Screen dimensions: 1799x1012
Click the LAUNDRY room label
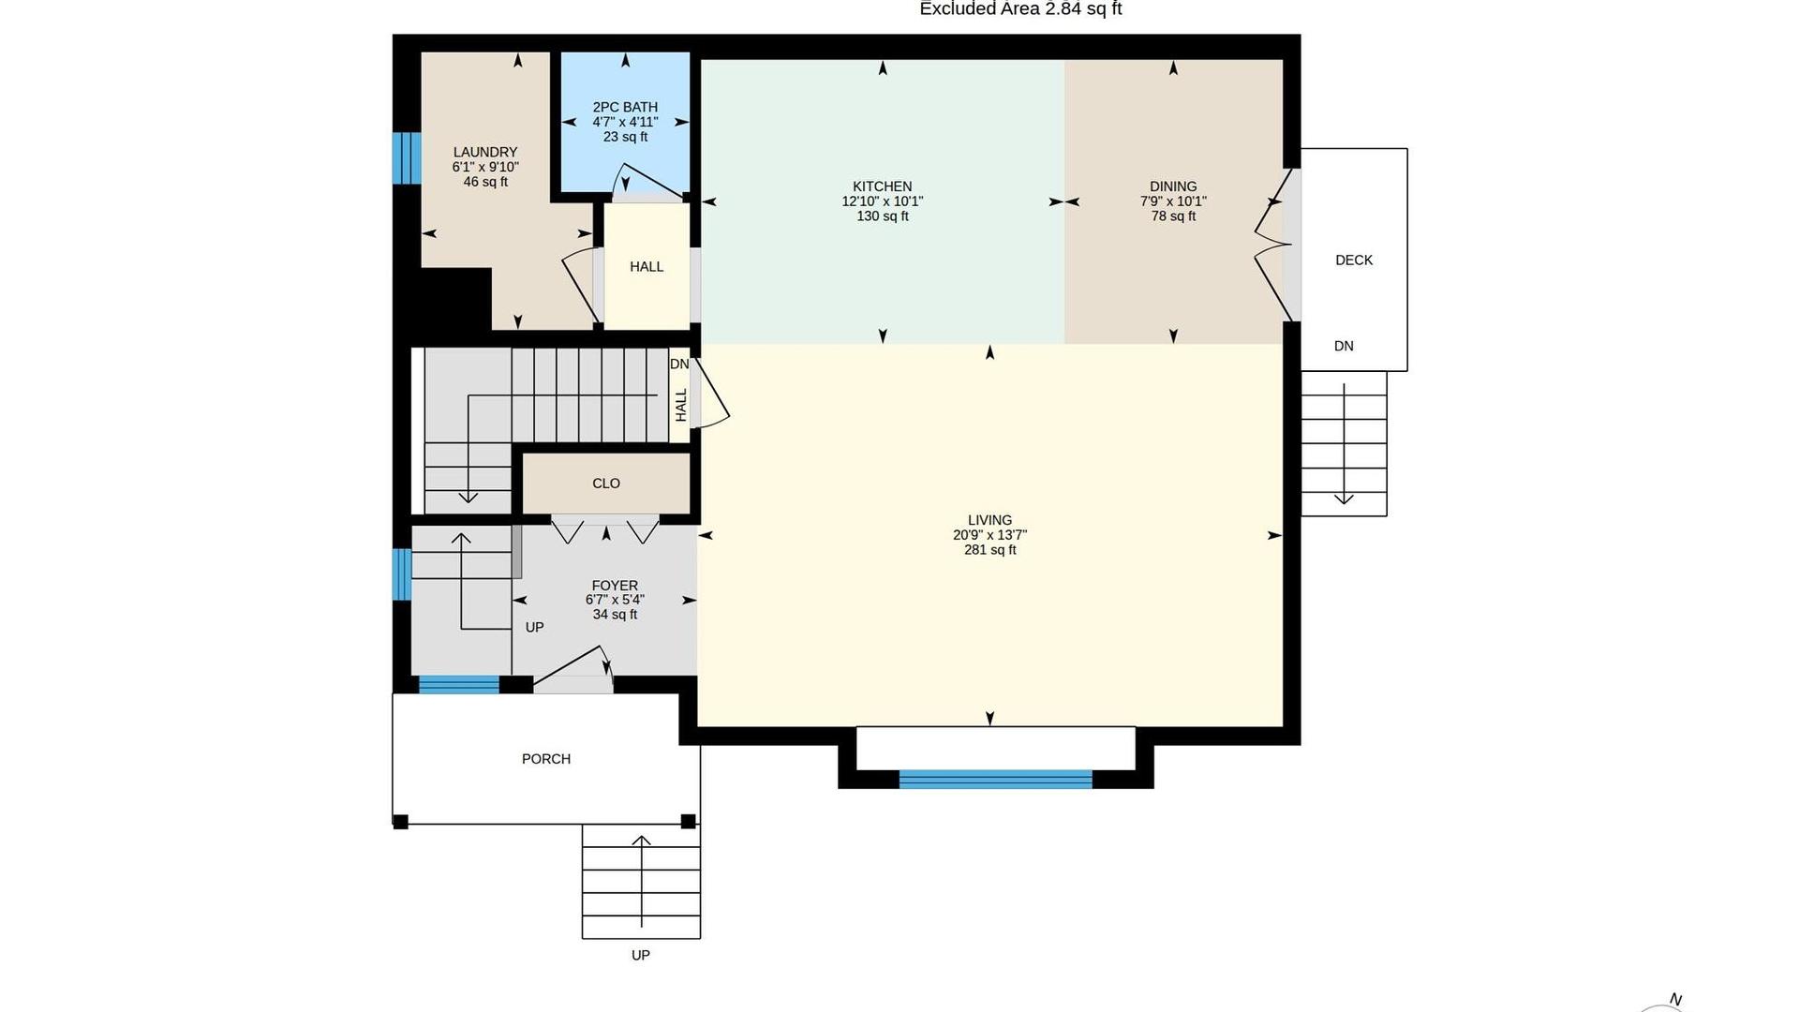click(485, 152)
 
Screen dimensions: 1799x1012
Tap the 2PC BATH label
click(625, 107)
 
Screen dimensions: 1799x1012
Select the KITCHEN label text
click(882, 186)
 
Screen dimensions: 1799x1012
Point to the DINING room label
click(1173, 186)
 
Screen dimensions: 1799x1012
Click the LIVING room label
click(989, 520)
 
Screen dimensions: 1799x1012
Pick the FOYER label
click(615, 586)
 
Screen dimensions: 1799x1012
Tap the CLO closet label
click(606, 484)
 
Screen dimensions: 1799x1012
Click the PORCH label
click(546, 759)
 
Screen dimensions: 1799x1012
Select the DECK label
click(1354, 260)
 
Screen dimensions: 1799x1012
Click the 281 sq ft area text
click(990, 550)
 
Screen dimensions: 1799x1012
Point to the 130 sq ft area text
click(883, 216)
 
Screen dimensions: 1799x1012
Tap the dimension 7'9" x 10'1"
click(1173, 201)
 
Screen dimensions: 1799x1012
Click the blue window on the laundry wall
click(407, 158)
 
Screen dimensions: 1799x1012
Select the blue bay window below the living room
click(995, 779)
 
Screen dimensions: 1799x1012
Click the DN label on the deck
click(1344, 346)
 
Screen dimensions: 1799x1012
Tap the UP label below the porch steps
click(641, 955)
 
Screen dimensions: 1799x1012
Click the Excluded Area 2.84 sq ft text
click(1020, 8)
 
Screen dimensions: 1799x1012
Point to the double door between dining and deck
click(1272, 246)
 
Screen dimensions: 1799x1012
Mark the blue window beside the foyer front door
click(459, 685)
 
